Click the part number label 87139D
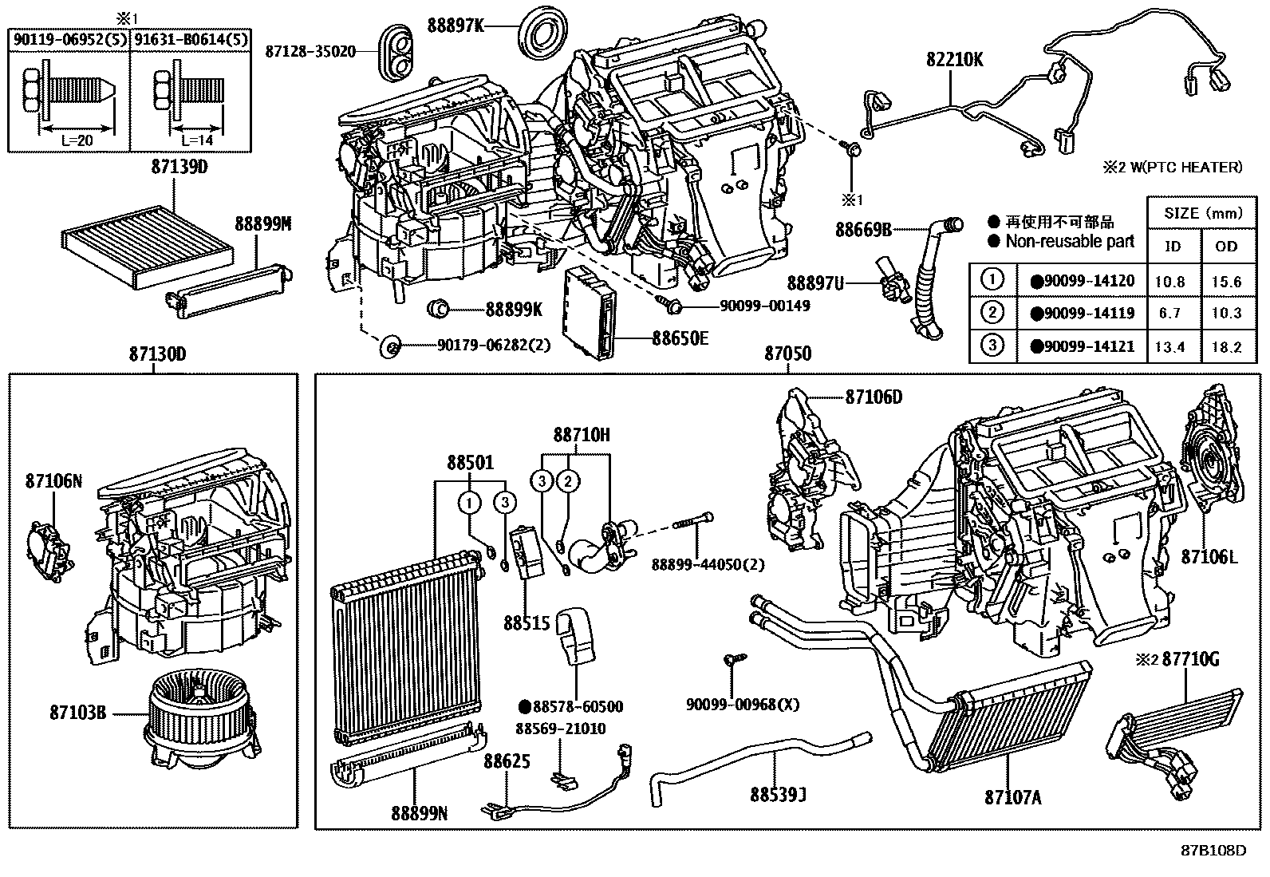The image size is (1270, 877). coord(179,168)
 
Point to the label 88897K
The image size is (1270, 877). coord(456,26)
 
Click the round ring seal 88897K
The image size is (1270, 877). coord(543,34)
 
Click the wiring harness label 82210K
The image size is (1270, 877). coord(954,59)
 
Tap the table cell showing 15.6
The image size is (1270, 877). coord(1225,281)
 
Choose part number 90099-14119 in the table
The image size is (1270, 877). coord(1082,313)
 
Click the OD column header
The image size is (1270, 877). coord(1225,246)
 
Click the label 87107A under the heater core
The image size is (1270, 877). coord(1012,797)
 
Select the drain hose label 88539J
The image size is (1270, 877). coord(778,795)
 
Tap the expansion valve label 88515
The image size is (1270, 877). coord(527,622)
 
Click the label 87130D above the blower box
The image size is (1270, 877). coord(157,354)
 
